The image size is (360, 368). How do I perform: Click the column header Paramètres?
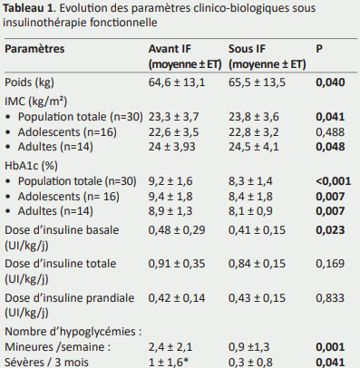(34, 49)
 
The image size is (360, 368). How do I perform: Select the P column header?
(319, 49)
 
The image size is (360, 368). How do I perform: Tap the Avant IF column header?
(185, 56)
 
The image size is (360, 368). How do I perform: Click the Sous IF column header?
(268, 56)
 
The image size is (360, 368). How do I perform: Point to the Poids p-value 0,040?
(330, 82)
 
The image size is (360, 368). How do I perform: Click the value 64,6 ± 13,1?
(177, 82)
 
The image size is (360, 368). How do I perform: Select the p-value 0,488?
(330, 132)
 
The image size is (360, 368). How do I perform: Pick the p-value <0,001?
(334, 181)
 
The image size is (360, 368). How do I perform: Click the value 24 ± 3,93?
(171, 147)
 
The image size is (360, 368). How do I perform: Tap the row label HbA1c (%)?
(31, 166)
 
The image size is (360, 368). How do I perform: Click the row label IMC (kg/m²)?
(35, 102)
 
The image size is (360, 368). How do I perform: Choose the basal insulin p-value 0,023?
(330, 230)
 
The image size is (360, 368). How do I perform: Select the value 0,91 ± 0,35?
(177, 264)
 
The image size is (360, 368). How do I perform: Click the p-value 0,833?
(330, 298)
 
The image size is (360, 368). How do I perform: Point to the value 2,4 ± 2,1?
(170, 347)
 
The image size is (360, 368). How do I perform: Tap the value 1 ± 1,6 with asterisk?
(166, 362)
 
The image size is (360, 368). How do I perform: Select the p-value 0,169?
(330, 264)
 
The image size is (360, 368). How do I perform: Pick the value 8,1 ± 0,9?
(250, 211)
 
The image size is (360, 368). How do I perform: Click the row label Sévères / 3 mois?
(46, 362)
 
